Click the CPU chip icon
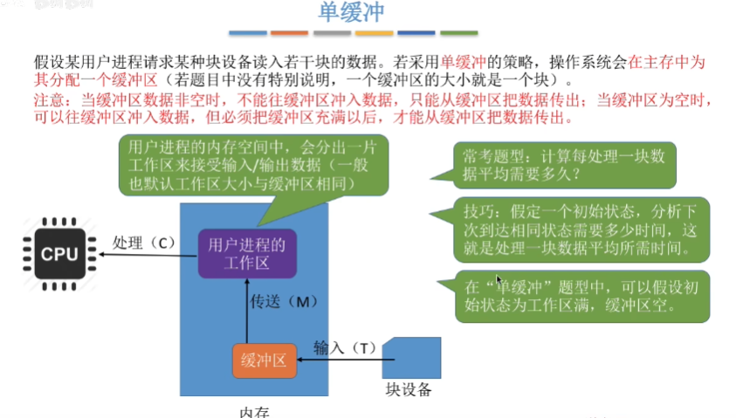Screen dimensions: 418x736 (x=59, y=254)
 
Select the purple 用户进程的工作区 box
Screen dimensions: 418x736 (x=247, y=253)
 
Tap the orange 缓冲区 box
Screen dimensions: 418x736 (x=264, y=360)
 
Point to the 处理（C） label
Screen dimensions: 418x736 (x=144, y=243)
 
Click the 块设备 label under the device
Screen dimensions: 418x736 (x=408, y=389)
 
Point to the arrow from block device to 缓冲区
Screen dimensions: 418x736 (x=340, y=359)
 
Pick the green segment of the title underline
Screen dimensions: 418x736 (x=458, y=33)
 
